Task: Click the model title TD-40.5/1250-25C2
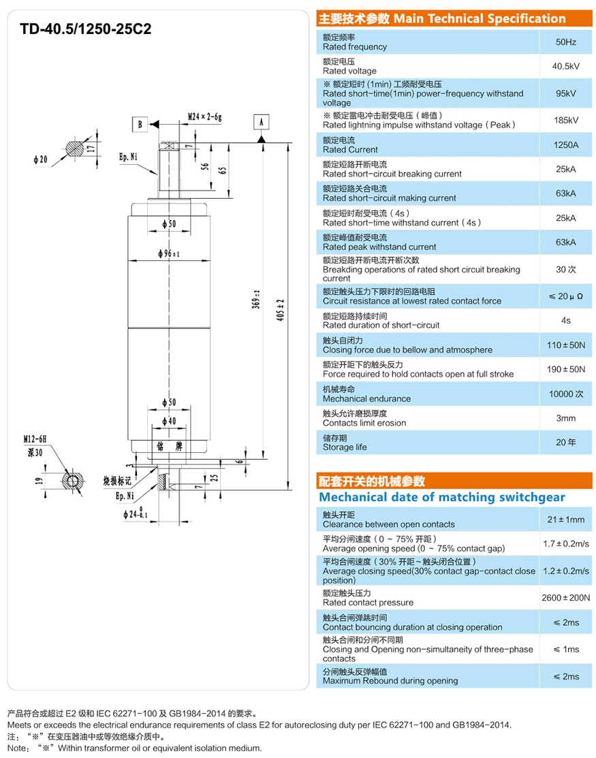point(85,29)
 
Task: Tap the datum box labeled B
point(139,124)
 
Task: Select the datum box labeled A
point(261,123)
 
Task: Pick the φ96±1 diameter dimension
point(168,253)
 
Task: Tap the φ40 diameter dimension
point(169,421)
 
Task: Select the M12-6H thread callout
point(33,440)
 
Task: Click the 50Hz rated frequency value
point(565,42)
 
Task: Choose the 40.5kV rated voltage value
point(565,67)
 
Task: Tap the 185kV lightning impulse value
point(565,120)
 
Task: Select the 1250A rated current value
point(565,145)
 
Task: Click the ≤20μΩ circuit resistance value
point(565,296)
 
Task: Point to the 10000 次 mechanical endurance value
point(565,394)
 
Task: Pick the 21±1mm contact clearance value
point(565,520)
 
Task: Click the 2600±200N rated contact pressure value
point(565,598)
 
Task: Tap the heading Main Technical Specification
point(480,19)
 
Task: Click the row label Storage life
point(345,447)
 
